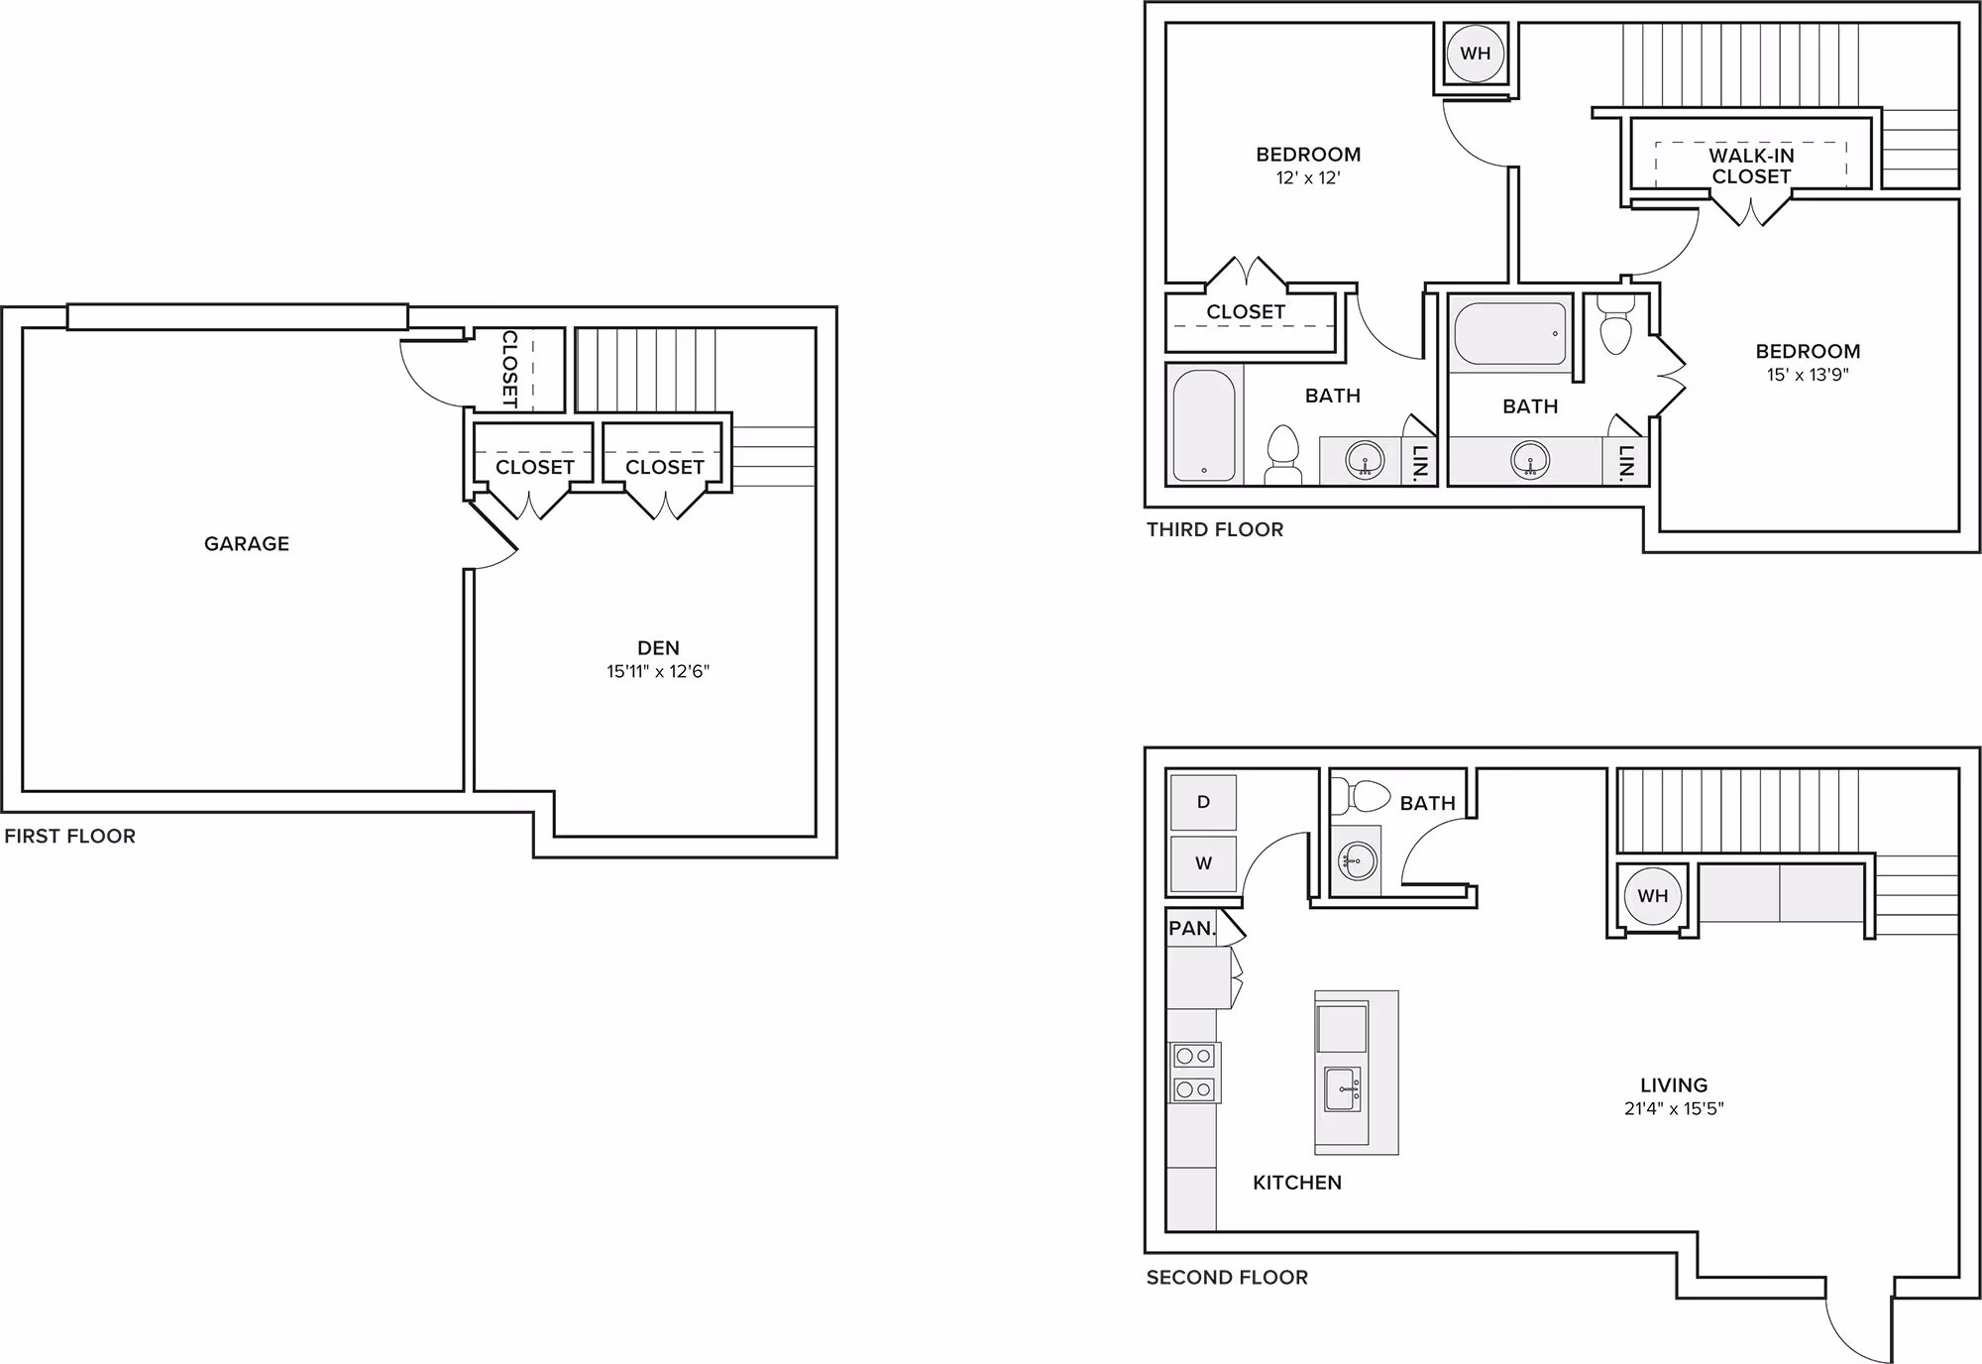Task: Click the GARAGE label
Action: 247,543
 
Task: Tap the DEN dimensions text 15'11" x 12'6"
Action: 658,671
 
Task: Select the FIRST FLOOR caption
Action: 69,836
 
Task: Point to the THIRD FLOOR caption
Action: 1215,529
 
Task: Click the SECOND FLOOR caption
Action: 1227,1277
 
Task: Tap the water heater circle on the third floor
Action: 1476,54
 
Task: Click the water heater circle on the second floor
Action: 1653,896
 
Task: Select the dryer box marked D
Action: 1203,802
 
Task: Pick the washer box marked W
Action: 1203,863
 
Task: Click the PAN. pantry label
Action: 1192,929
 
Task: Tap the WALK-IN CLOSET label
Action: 1751,166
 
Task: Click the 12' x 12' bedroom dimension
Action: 1308,178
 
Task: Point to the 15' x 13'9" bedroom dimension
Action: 1808,375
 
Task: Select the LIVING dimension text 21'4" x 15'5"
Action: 1674,1108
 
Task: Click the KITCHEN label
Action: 1297,1183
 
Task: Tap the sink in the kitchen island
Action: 1342,1089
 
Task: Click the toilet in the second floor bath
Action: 1361,795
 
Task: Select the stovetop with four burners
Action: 1194,1073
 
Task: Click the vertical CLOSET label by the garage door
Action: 509,370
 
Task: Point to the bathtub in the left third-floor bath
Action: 1204,424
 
